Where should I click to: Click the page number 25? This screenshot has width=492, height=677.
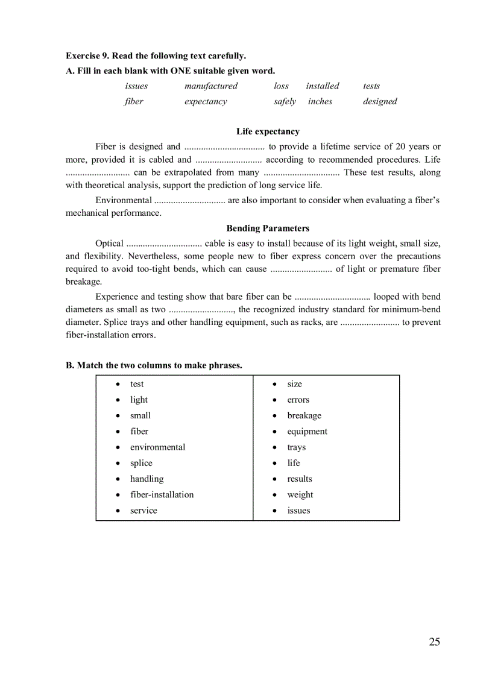click(434, 641)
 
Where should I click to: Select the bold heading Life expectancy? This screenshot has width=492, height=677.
click(268, 131)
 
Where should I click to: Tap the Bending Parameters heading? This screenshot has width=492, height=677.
click(268, 228)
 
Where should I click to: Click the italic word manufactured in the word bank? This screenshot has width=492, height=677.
click(211, 86)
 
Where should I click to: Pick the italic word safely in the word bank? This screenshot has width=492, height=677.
click(285, 102)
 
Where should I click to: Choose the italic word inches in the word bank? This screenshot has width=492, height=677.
click(320, 102)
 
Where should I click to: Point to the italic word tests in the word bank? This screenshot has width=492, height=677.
click(371, 86)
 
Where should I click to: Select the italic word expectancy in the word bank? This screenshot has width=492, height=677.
click(206, 102)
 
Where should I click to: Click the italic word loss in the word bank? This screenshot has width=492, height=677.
click(281, 86)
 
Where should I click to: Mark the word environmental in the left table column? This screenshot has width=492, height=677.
click(157, 447)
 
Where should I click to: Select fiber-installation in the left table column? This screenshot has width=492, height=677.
click(162, 495)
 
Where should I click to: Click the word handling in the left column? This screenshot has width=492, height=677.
click(147, 479)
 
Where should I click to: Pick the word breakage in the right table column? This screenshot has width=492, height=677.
click(304, 416)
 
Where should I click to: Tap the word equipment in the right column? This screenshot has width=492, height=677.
click(307, 432)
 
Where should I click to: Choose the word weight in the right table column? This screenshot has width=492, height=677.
click(300, 495)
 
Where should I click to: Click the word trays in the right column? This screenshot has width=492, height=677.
click(296, 447)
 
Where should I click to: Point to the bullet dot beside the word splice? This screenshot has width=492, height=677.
click(117, 464)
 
